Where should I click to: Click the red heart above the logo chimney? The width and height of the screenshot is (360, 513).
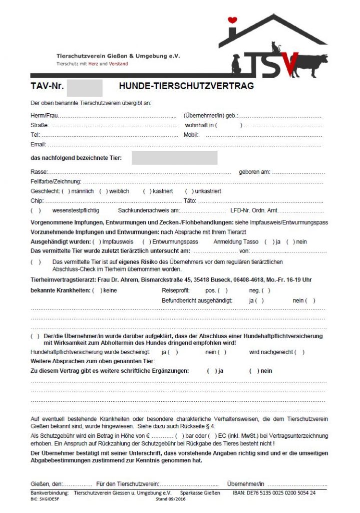tap(232, 21)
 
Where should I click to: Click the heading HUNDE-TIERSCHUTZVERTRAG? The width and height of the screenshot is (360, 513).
tap(186, 86)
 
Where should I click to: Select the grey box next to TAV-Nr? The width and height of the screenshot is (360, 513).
tap(85, 87)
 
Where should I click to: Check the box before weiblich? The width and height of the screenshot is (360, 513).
tap(104, 191)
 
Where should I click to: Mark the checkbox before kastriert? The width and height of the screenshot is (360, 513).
tap(147, 191)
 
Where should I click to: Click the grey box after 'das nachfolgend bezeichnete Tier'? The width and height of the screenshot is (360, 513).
tap(174, 158)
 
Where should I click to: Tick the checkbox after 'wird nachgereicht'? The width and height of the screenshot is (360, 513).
tap(299, 352)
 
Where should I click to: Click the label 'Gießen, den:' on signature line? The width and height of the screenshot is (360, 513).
tap(47, 484)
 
